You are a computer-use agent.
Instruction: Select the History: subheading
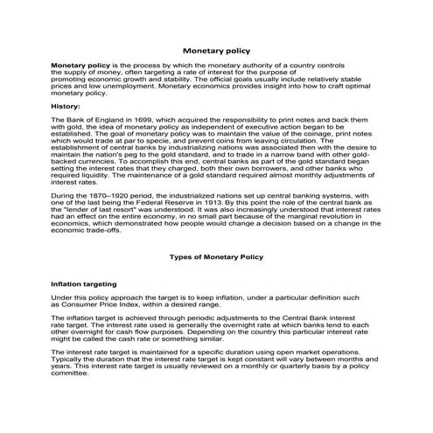click(x=66, y=106)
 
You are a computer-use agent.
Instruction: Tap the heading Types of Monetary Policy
click(x=216, y=257)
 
